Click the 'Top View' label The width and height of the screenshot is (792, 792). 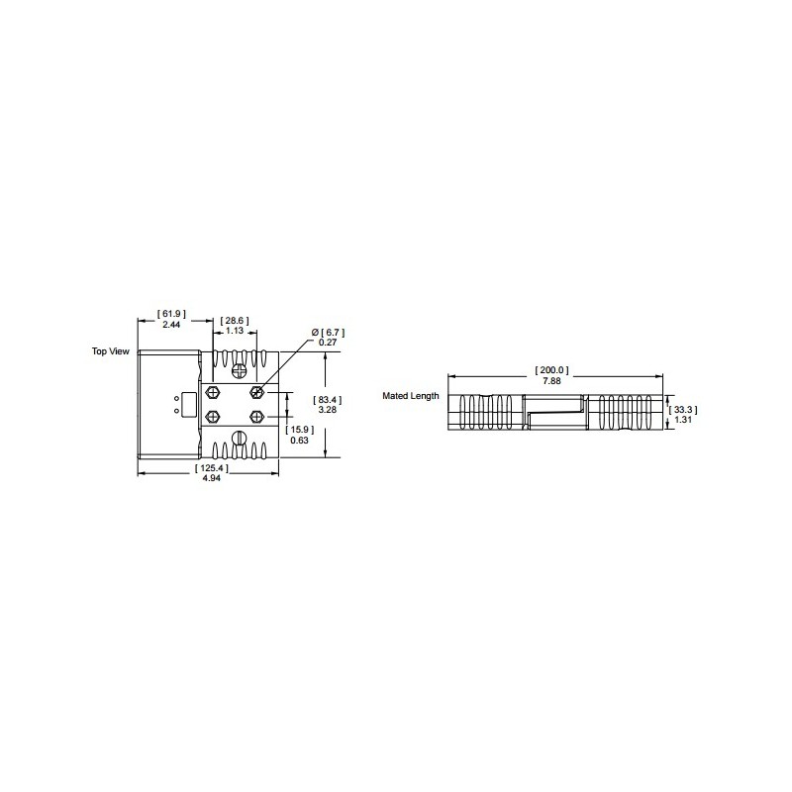point(111,351)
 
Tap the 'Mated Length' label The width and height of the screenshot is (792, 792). point(411,396)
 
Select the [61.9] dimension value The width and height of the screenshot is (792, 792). point(171,314)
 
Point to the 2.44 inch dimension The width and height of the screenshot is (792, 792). point(171,325)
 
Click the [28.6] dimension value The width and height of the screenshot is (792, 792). point(235,321)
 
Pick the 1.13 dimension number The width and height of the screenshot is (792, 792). point(235,331)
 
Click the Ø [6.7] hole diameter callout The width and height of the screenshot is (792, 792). point(329,333)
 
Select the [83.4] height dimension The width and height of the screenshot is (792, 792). point(328,400)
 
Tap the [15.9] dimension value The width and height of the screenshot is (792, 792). point(300,430)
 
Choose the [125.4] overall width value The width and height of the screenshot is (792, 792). point(212,468)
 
